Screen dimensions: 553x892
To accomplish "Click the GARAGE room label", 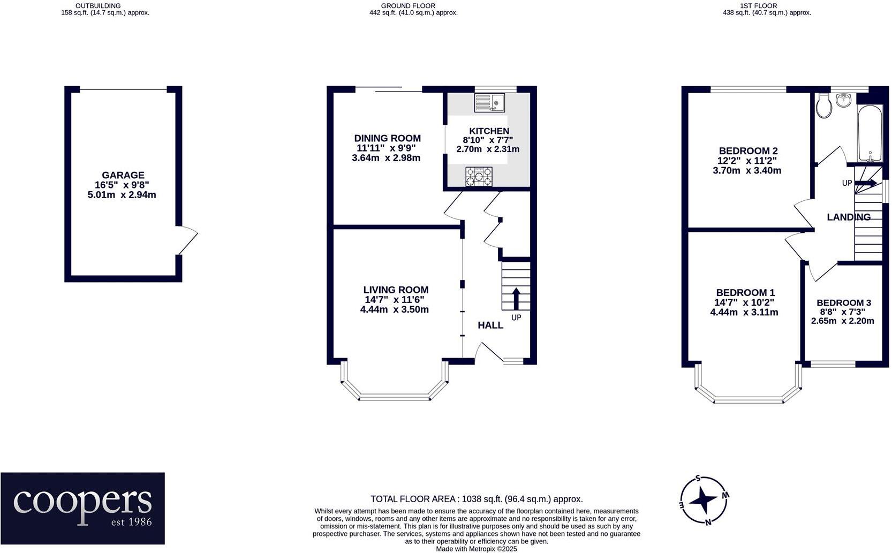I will (123, 175).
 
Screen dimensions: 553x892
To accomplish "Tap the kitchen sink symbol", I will (489, 103).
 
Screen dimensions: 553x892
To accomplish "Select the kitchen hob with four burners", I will (479, 177).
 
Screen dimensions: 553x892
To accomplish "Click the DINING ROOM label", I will (387, 138).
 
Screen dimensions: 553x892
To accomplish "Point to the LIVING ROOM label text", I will (396, 290).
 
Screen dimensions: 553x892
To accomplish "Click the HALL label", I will (490, 325).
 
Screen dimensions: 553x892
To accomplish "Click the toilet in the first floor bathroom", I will (824, 106).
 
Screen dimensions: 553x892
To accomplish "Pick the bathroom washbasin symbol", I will (844, 100).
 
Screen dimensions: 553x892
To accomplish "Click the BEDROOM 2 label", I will (748, 151).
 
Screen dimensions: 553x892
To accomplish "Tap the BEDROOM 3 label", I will (843, 302).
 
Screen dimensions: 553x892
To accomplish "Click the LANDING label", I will (849, 217).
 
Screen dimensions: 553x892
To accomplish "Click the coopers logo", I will (83, 508).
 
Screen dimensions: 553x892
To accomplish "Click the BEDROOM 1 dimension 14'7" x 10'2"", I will (745, 302).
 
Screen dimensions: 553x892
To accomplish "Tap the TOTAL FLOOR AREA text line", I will (477, 499).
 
